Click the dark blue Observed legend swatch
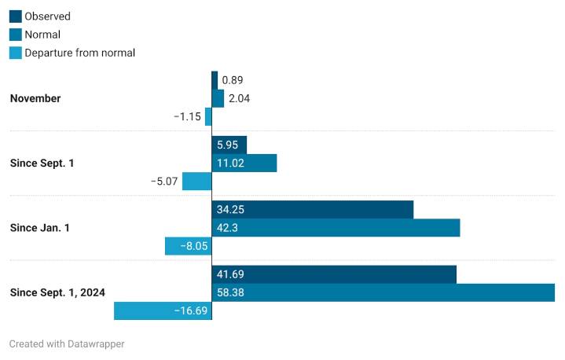click(15, 16)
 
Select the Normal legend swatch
click(15, 35)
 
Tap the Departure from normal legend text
click(79, 53)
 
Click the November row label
click(35, 98)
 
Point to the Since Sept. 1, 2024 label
click(57, 292)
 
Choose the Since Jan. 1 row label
click(40, 228)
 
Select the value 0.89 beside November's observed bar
click(232, 80)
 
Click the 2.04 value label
click(237, 98)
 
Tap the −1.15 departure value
click(187, 116)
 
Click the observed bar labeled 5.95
click(229, 145)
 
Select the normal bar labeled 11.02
click(244, 163)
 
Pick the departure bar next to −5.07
click(197, 182)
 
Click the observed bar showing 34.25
click(313, 209)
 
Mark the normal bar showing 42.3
click(336, 228)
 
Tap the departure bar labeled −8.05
click(189, 246)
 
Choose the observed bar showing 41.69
click(334, 274)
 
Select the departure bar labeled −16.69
click(163, 310)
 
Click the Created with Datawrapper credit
click(67, 343)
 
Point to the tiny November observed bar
click(215, 80)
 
